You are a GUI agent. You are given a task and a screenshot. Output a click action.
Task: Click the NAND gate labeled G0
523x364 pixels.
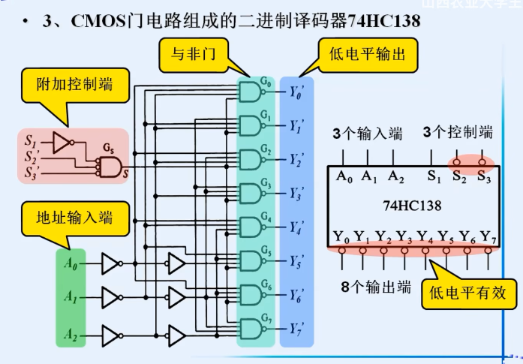pyautogui.click(x=250, y=92)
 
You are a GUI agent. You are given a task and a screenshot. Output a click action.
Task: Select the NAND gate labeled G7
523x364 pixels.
pyautogui.click(x=250, y=328)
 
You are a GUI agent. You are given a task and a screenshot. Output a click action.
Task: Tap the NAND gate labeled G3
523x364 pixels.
pyautogui.click(x=250, y=194)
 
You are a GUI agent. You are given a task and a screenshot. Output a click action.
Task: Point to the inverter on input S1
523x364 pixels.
pyautogui.click(x=62, y=140)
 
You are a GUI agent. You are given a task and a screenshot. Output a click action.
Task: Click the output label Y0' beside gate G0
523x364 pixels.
pyautogui.click(x=296, y=93)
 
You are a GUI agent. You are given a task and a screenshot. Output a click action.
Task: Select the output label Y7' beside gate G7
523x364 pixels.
pyautogui.click(x=296, y=329)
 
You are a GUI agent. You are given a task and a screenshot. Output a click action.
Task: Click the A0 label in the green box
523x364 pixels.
pyautogui.click(x=71, y=263)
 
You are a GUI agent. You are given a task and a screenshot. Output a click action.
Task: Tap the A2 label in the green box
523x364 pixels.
pyautogui.click(x=71, y=332)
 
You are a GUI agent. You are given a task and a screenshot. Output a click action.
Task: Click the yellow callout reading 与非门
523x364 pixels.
pyautogui.click(x=188, y=54)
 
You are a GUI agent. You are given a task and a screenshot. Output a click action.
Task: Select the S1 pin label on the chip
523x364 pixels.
pyautogui.click(x=434, y=177)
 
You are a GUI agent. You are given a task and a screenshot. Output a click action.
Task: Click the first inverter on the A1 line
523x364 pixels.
pyautogui.click(x=110, y=298)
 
